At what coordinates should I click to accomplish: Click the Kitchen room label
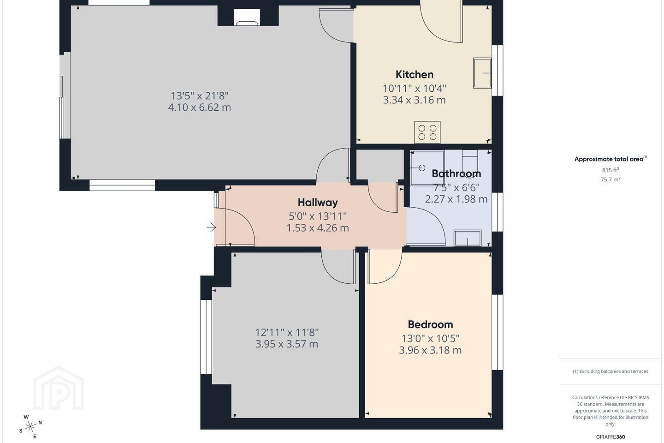pos(415,74)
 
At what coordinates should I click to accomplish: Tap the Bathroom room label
pos(456,174)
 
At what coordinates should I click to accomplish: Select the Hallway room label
pos(318,203)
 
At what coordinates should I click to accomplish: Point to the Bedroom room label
pos(430,324)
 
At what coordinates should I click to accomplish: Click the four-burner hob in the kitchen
pos(427,132)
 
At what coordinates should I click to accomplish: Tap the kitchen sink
pos(482,73)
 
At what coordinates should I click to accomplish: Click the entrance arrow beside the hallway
pos(211,227)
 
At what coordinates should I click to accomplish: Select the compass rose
pos(30,427)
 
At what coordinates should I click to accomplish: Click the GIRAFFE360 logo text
pos(611,437)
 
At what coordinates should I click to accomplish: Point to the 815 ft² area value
pos(611,170)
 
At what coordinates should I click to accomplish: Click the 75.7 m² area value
pos(611,180)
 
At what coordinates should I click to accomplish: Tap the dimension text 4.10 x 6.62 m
pos(200,107)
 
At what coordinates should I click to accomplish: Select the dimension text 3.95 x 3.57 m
pos(287,344)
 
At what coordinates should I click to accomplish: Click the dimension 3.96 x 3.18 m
pos(430,350)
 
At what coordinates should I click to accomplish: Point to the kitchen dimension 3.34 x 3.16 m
pos(415,100)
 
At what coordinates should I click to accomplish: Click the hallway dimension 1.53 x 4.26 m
pos(318,228)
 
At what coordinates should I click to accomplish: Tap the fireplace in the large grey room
pos(247,17)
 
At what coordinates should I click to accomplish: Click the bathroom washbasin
pos(468,238)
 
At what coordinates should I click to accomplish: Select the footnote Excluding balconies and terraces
pos(611,371)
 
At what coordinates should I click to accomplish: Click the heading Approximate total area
pos(611,159)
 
